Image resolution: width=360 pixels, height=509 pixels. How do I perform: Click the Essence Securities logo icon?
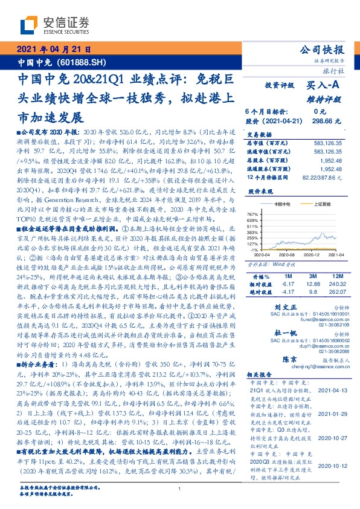[30, 23]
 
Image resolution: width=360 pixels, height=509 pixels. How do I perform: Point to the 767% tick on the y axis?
[253, 215]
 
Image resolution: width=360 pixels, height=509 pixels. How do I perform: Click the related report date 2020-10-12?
[335, 465]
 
